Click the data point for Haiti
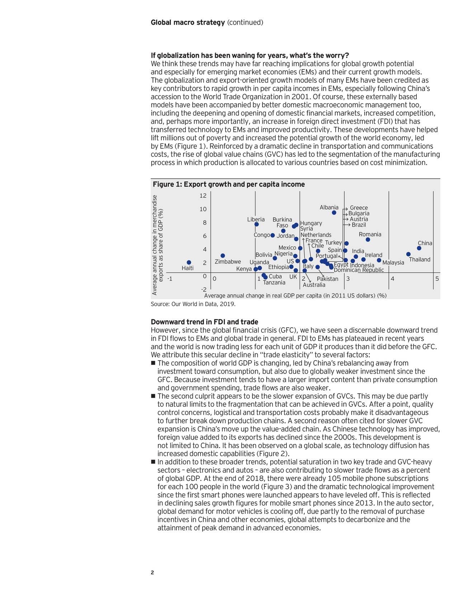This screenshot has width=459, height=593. click(189, 262)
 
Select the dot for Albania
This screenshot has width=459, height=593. click(334, 212)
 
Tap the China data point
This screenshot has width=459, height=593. click(419, 248)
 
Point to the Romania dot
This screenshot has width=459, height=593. click(368, 240)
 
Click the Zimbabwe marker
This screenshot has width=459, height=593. click(223, 255)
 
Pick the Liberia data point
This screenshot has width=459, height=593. click(256, 224)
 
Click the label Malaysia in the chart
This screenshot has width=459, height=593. click(393, 262)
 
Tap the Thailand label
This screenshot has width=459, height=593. click(420, 259)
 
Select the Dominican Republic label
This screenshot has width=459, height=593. click(359, 270)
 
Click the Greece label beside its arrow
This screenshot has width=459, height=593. click(359, 208)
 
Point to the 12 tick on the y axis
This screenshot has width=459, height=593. click(203, 196)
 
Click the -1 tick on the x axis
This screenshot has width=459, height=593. click(170, 279)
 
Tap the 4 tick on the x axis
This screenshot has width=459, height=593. click(392, 279)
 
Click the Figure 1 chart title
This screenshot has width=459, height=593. click(229, 184)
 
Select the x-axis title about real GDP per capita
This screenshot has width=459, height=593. click(295, 296)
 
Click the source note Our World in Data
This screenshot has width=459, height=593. click(193, 304)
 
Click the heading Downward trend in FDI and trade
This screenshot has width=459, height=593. click(204, 322)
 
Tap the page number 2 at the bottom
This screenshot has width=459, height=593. click(152, 573)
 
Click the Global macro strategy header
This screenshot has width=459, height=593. click(188, 23)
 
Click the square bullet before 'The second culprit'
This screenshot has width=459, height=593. click(153, 396)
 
